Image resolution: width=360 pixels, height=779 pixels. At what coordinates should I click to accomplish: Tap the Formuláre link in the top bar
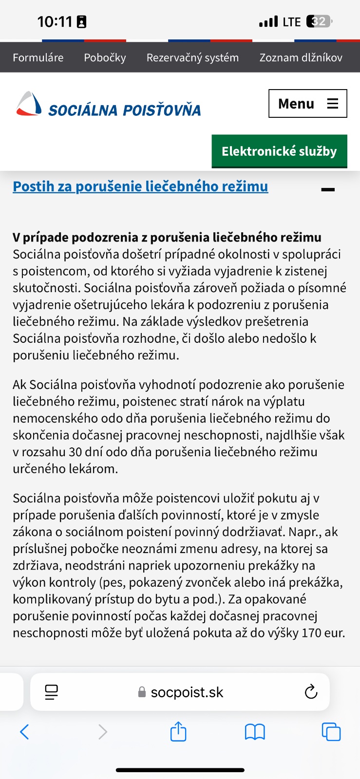[38, 57]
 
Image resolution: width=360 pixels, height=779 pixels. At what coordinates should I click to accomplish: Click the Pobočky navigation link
[105, 57]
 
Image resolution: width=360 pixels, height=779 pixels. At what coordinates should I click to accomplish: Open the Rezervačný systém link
[192, 57]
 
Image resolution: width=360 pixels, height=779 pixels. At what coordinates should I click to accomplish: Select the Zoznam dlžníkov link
[301, 57]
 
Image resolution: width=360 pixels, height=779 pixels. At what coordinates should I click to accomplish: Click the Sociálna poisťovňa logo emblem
[29, 104]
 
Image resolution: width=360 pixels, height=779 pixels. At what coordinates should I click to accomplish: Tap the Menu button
[307, 104]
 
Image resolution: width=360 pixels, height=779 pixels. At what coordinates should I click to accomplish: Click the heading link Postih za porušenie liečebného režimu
[140, 186]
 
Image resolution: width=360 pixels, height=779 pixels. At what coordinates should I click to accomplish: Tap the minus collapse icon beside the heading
[328, 189]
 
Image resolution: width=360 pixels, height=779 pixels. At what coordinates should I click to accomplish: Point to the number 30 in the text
[75, 452]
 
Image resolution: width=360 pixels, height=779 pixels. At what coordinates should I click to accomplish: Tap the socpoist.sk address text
[187, 692]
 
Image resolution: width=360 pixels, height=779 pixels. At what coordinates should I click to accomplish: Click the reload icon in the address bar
[311, 692]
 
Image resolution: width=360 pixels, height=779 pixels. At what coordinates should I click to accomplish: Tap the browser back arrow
[24, 732]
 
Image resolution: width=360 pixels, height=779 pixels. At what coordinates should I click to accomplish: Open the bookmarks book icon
[255, 732]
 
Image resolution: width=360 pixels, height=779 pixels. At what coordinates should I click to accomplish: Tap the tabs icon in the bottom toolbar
[331, 732]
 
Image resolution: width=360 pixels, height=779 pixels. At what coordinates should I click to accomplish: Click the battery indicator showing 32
[319, 21]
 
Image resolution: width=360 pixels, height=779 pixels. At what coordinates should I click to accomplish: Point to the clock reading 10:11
[55, 21]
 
